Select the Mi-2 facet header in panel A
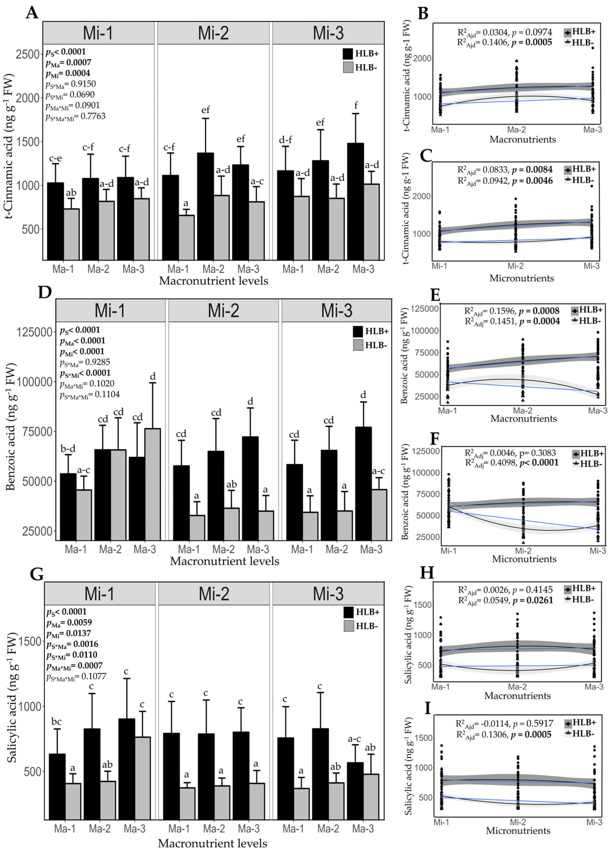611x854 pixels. pyautogui.click(x=213, y=33)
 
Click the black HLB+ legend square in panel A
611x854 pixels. pyautogui.click(x=348, y=54)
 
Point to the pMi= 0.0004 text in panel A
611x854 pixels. pyautogui.click(x=68, y=73)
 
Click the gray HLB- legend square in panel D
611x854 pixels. pyautogui.click(x=358, y=345)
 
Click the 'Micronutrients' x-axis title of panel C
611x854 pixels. pyautogui.click(x=522, y=278)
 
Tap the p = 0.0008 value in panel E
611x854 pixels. pyautogui.click(x=539, y=311)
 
